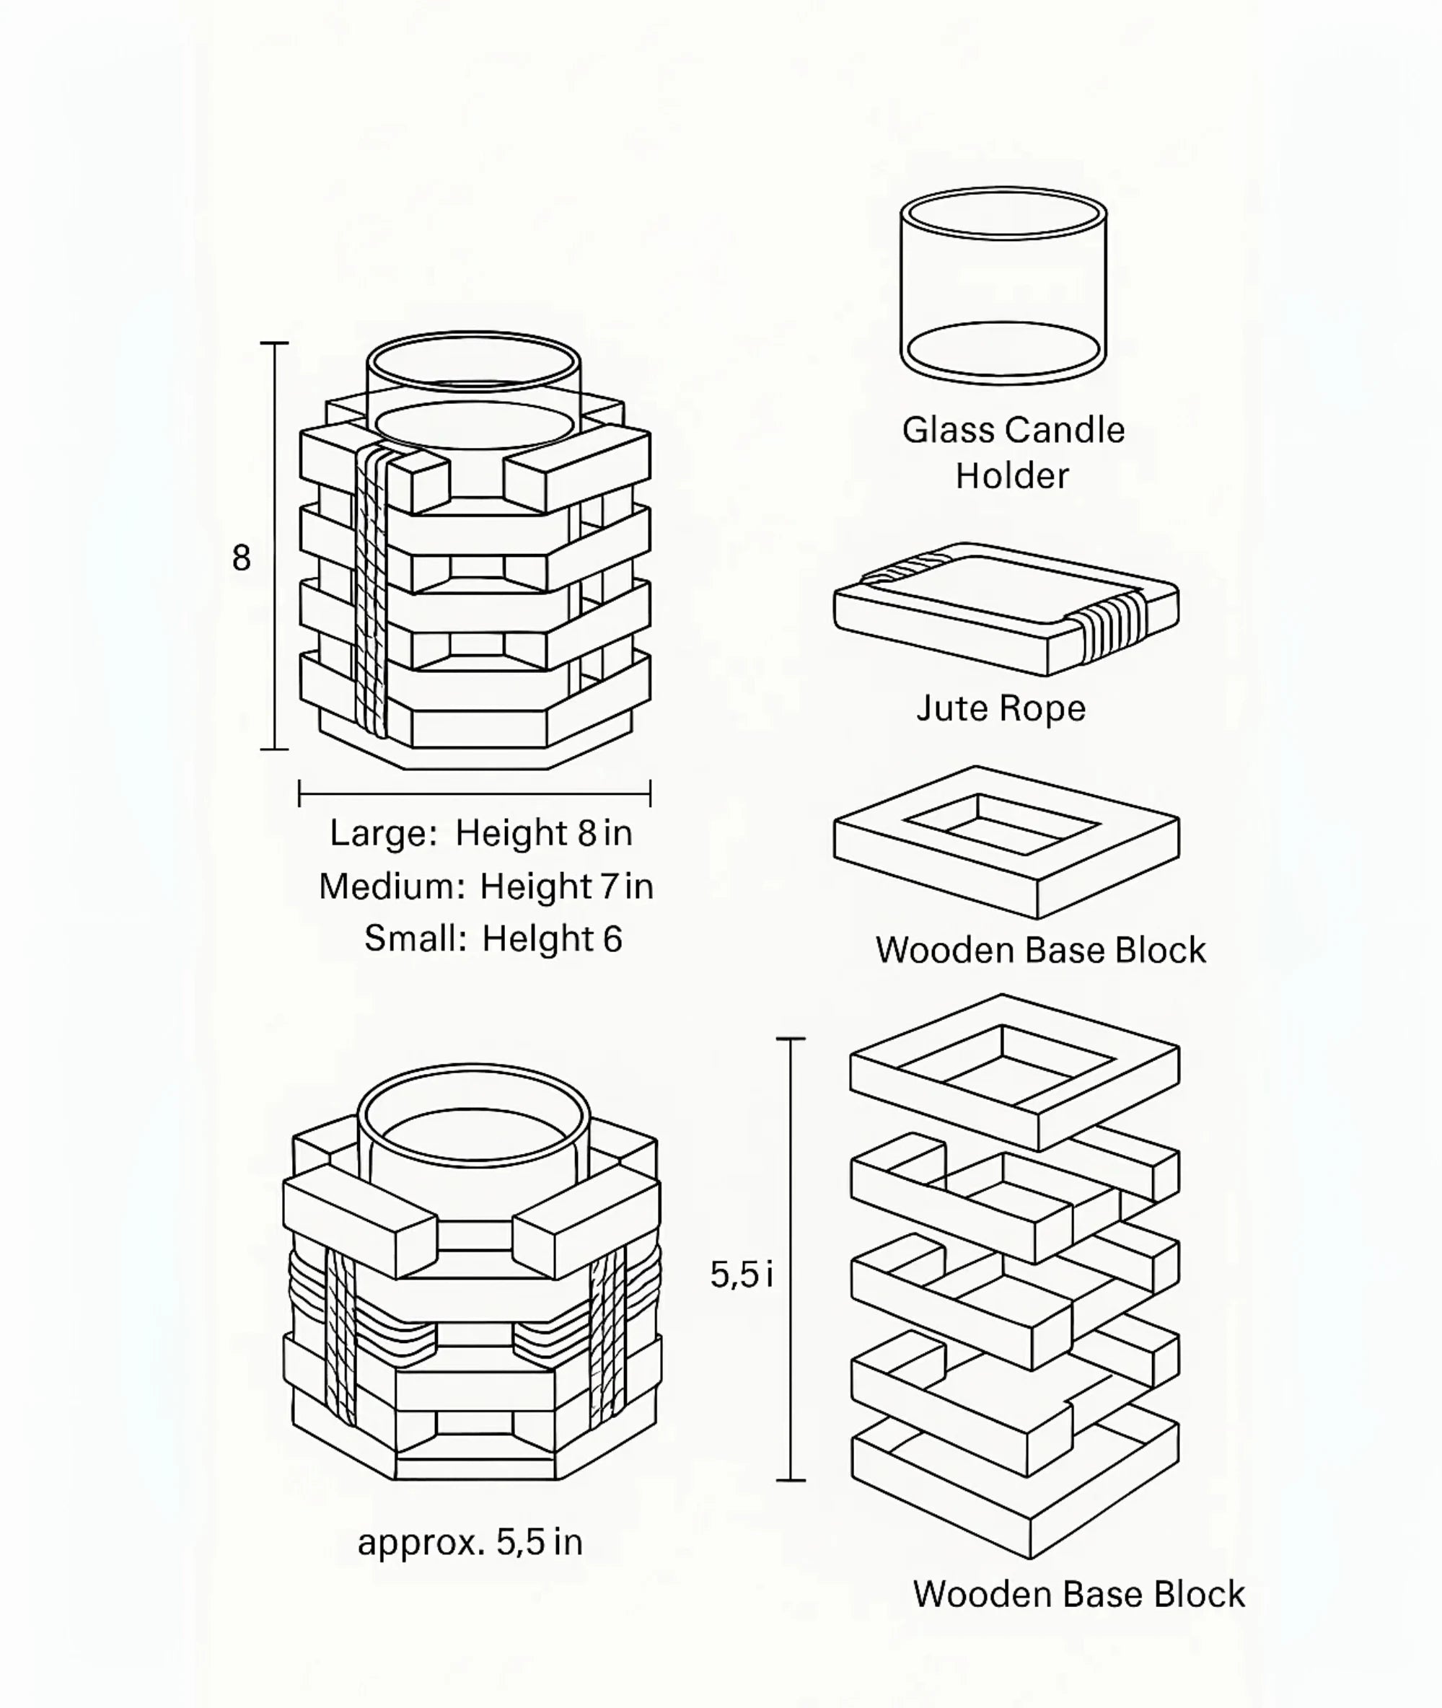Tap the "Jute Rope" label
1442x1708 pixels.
[x=1001, y=708]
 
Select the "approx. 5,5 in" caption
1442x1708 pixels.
[x=470, y=1542]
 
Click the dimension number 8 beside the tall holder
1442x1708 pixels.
[x=241, y=558]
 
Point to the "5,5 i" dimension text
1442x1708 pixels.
[x=741, y=1274]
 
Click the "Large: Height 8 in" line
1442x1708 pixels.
[x=480, y=833]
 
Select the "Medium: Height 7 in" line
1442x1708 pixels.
[x=485, y=886]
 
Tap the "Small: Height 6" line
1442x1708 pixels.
[x=493, y=938]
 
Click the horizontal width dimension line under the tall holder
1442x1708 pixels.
[x=474, y=793]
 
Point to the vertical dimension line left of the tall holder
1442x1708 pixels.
[x=275, y=546]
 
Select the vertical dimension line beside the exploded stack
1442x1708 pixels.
[x=791, y=1259]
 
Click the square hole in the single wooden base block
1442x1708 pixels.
[x=1001, y=825]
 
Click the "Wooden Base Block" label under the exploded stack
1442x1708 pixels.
[x=1078, y=1593]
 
